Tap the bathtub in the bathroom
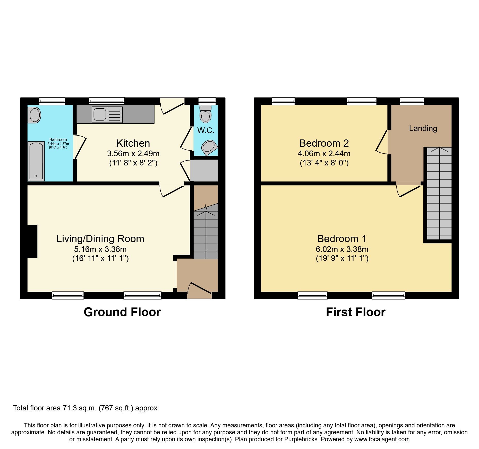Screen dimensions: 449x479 [x=36, y=161]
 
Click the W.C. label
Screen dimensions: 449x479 [x=206, y=130]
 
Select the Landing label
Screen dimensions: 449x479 [x=423, y=128]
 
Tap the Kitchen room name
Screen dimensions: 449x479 [x=133, y=143]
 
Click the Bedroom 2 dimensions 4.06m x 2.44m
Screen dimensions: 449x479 [x=324, y=154]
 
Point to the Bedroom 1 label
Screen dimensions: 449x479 [x=342, y=239]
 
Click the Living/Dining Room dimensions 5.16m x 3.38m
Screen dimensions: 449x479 [x=100, y=249]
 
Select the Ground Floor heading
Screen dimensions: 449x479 [x=122, y=312]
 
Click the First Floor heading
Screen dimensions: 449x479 [x=355, y=312]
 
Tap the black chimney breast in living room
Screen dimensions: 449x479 [x=32, y=241]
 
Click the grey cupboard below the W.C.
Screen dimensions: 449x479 [x=204, y=170]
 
